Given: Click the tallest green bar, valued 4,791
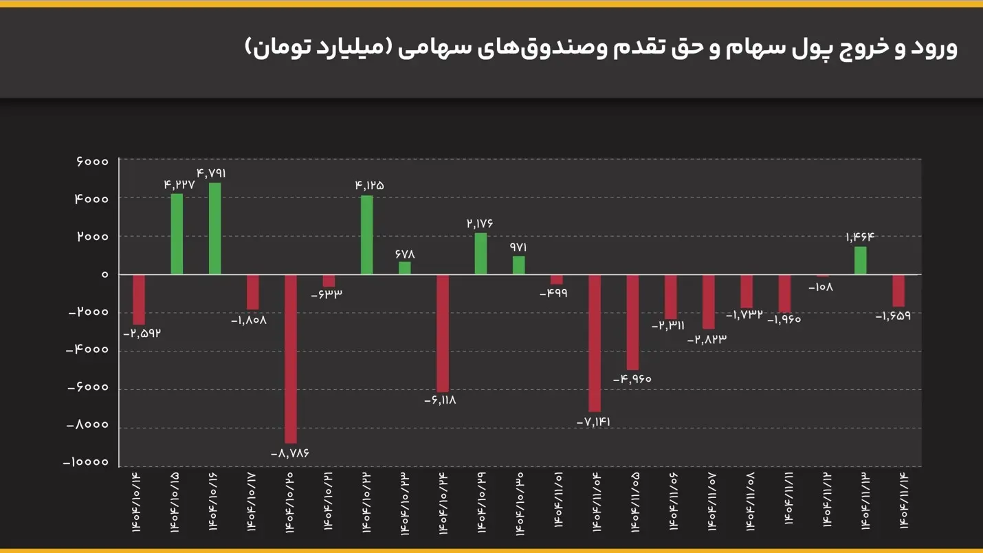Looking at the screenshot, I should pyautogui.click(x=214, y=228).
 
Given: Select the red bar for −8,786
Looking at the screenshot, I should pyautogui.click(x=291, y=358).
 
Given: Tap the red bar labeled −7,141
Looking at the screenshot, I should pyautogui.click(x=595, y=343).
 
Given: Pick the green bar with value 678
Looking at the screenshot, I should pyautogui.click(x=405, y=268).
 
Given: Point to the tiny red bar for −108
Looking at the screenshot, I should pyautogui.click(x=823, y=276).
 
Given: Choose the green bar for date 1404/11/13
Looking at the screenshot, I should pyautogui.click(x=861, y=260).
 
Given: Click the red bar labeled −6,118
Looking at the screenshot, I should pyautogui.click(x=443, y=333).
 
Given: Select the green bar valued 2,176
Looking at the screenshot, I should pyautogui.click(x=481, y=253).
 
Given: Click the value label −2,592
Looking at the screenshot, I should pyautogui.click(x=142, y=334).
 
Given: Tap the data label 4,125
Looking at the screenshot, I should pyautogui.click(x=369, y=185).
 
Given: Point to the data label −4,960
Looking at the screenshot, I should pyautogui.click(x=632, y=379).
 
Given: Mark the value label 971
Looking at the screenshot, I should pyautogui.click(x=518, y=247).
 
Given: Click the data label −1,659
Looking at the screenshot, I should pyautogui.click(x=893, y=316).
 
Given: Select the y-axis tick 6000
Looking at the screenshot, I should pyautogui.click(x=92, y=162).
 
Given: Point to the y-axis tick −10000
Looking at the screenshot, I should pyautogui.click(x=86, y=462).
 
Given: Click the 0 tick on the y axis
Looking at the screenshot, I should pyautogui.click(x=104, y=274).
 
